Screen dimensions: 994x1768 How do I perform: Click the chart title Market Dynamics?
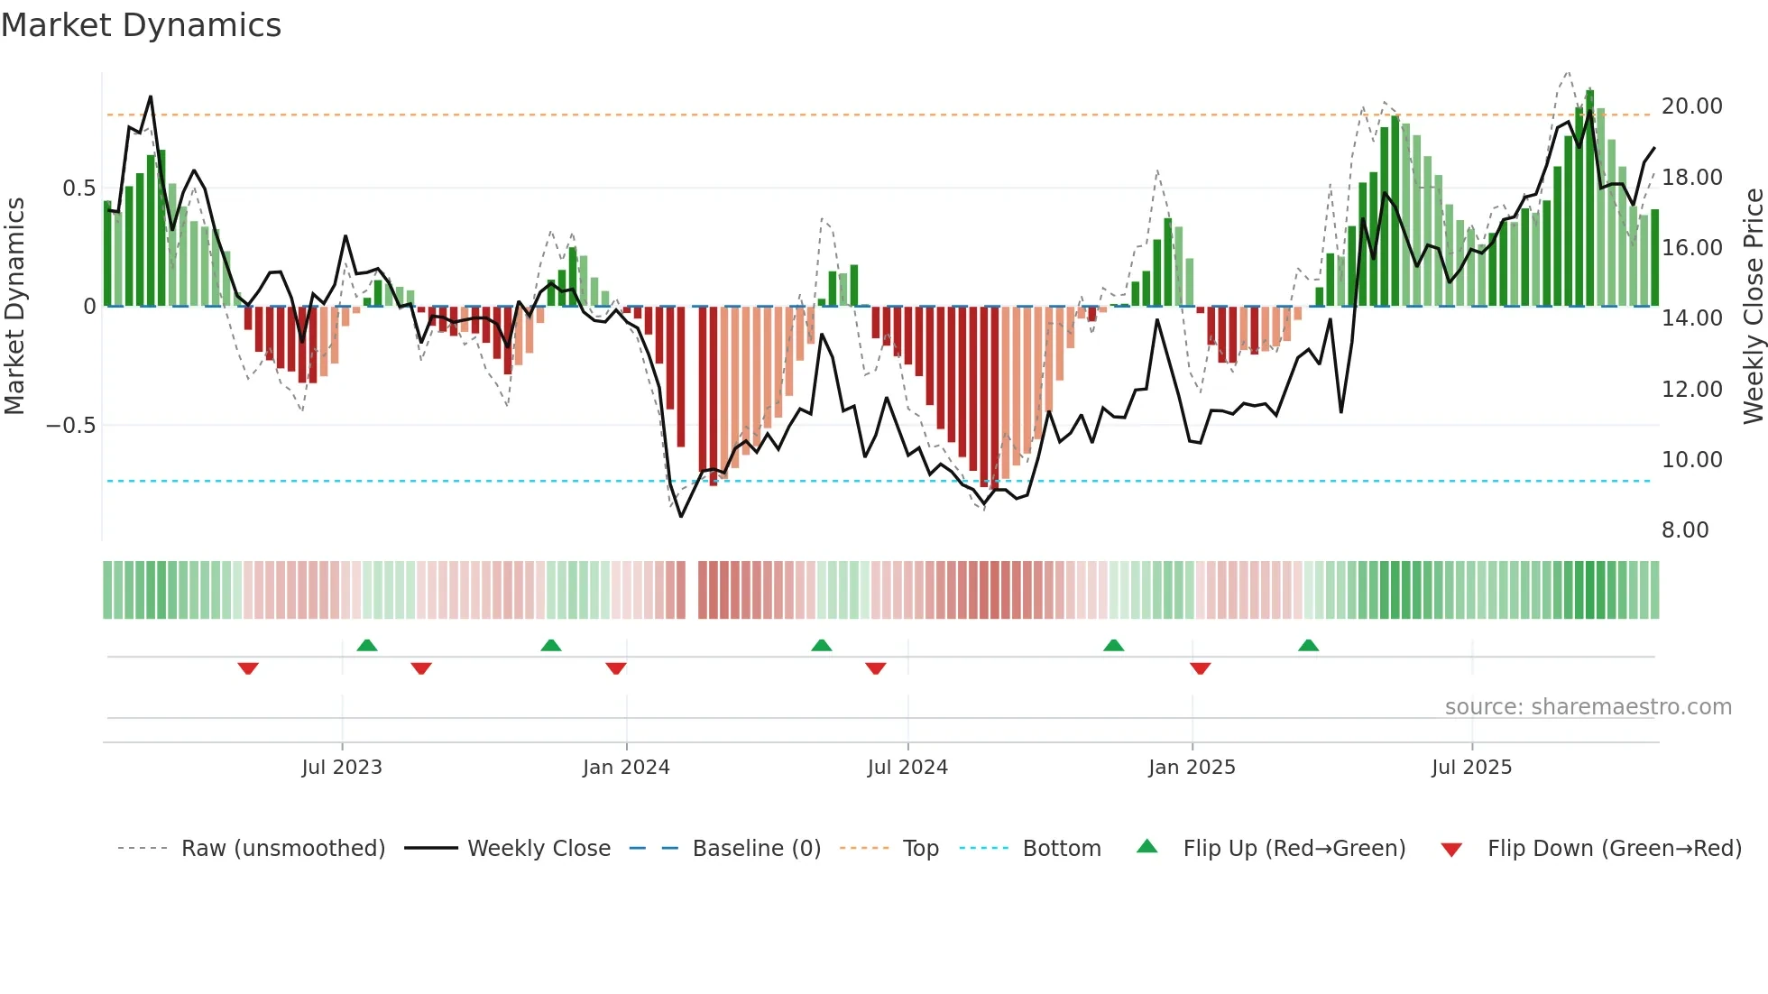[x=142, y=25]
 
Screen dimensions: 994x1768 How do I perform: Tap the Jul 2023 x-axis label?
[x=342, y=768]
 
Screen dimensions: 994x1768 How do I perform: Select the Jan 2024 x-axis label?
[x=626, y=768]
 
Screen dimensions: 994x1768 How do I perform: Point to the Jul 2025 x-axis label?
[x=1471, y=768]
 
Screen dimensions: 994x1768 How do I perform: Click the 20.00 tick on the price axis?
[x=1691, y=106]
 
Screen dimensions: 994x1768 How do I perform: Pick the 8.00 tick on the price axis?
[x=1685, y=530]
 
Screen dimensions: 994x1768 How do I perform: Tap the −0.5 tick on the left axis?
[x=71, y=426]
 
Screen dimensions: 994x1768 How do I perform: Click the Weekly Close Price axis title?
[x=1753, y=307]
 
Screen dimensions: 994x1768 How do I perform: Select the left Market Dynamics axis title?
[x=15, y=307]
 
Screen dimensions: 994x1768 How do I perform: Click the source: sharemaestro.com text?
[x=1588, y=707]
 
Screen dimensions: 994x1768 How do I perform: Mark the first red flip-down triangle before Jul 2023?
[x=248, y=667]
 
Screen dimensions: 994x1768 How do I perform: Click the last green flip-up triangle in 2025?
[x=1308, y=645]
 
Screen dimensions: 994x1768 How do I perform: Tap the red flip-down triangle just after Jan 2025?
[x=1200, y=667]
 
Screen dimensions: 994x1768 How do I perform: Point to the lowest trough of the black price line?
[x=681, y=516]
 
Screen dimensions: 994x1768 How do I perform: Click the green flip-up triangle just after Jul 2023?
[x=367, y=645]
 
